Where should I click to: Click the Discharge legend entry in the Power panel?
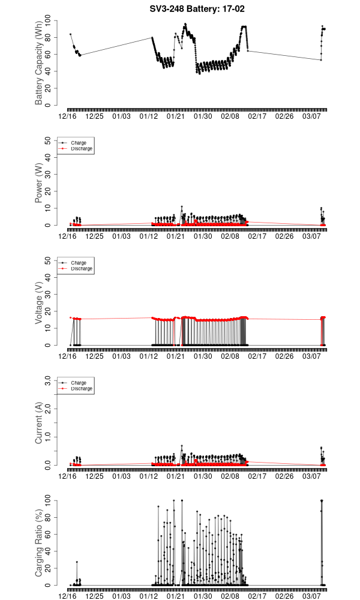click(x=82, y=148)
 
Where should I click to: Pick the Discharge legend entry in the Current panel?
click(x=82, y=388)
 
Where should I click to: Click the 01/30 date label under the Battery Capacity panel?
click(x=202, y=116)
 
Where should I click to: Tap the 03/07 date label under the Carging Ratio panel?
click(x=313, y=596)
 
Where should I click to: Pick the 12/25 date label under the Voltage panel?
click(x=95, y=356)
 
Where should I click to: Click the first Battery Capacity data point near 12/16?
click(x=70, y=34)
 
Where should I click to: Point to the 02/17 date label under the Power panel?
click(x=258, y=236)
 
